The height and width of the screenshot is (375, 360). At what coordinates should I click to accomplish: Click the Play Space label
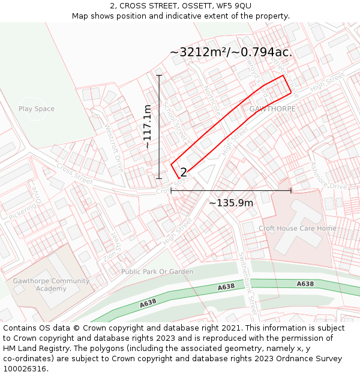pyautogui.click(x=36, y=109)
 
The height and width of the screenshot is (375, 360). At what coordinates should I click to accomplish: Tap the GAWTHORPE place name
pyautogui.click(x=272, y=109)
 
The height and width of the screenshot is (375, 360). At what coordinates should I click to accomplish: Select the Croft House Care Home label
pyautogui.click(x=298, y=229)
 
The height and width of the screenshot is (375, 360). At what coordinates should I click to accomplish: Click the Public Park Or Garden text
pyautogui.click(x=157, y=272)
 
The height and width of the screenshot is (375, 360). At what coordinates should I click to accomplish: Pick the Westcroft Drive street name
pyautogui.click(x=114, y=147)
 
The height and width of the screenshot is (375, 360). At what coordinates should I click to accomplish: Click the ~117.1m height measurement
pyautogui.click(x=147, y=127)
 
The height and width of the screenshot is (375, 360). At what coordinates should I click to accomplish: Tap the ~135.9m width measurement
pyautogui.click(x=231, y=203)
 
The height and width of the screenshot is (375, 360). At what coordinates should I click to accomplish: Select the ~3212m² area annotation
pyautogui.click(x=231, y=52)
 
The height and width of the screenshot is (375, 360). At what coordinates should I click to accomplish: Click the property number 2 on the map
pyautogui.click(x=184, y=172)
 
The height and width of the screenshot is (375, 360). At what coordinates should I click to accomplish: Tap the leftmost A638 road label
pyautogui.click(x=148, y=304)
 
